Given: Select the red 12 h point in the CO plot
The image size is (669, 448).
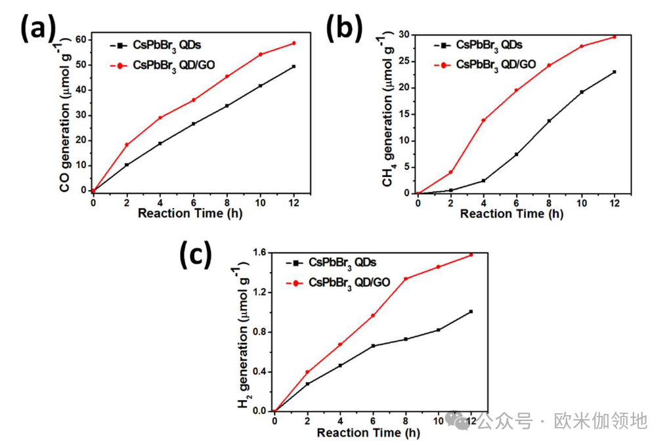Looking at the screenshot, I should point(294,43).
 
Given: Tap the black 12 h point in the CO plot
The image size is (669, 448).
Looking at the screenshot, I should point(294,66).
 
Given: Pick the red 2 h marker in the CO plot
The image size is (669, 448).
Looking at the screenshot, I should point(127,145).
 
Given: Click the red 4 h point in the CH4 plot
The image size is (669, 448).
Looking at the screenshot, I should point(483,120).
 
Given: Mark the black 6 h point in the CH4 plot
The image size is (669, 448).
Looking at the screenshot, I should point(516,154).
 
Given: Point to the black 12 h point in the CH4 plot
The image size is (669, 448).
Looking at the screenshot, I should point(615,72).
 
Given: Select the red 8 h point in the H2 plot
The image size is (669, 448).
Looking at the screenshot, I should point(406,279).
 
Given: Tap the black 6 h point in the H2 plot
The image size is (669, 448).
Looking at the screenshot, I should point(373,346).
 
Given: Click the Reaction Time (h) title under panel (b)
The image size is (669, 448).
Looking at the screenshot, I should point(515,214).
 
